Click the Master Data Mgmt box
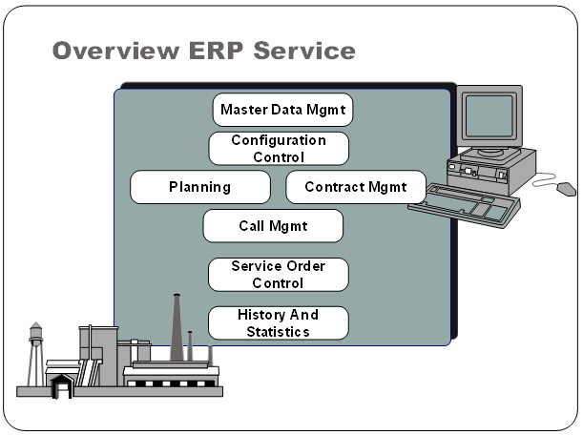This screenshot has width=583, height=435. click(x=282, y=110)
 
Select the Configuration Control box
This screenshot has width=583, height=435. click(x=279, y=149)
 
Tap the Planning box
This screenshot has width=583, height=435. click(x=199, y=187)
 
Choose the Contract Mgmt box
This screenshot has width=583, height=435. click(x=356, y=187)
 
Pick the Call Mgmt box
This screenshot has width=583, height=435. click(x=273, y=226)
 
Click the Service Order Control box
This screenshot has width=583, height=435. click(x=279, y=275)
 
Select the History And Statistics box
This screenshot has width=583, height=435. click(x=279, y=323)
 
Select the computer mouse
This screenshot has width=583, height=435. click(x=566, y=188)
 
